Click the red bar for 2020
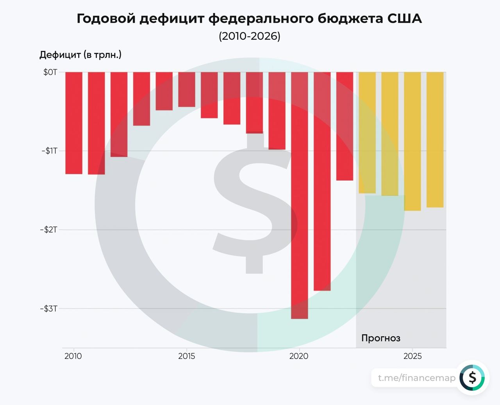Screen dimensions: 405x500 (300, 195)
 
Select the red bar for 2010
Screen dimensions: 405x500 (74, 123)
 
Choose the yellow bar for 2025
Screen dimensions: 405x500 (412, 141)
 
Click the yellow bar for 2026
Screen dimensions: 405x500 (435, 140)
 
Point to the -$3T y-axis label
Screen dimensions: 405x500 (49, 309)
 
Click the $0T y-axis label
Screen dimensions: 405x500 (50, 72)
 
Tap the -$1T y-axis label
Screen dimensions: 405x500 (50, 151)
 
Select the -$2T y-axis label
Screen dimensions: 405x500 (49, 230)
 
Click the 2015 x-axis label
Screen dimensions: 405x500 (187, 356)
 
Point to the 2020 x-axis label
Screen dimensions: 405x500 (299, 356)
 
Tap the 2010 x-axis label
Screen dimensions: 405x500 (73, 356)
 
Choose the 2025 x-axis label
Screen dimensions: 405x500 (412, 356)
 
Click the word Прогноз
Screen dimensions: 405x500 (381, 338)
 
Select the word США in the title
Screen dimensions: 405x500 (405, 18)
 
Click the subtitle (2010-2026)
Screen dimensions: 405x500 (250, 36)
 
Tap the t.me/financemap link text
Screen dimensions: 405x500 (417, 378)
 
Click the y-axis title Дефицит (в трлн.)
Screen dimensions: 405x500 (80, 55)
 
